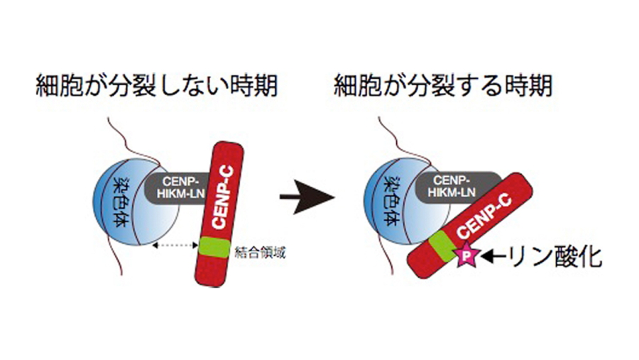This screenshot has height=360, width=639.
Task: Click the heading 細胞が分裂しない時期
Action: pos(156,88)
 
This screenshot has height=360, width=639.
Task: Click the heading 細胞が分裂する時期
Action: pos(443,88)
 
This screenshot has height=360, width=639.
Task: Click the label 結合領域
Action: pos(262,253)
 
